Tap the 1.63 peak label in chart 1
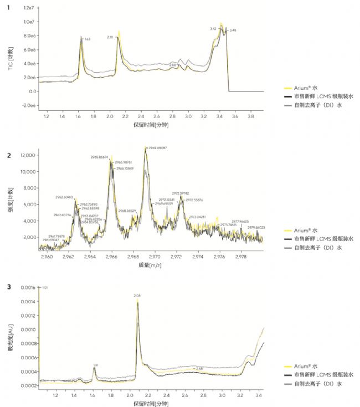87,39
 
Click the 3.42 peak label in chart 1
213,28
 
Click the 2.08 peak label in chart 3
137,296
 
